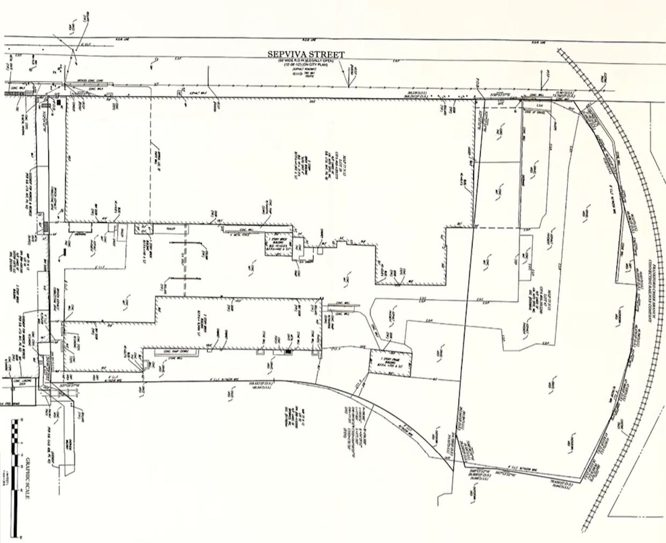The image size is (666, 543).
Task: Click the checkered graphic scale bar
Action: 16,477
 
